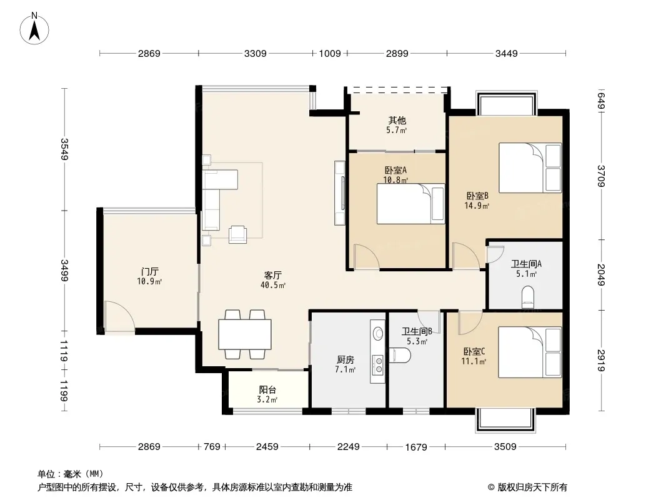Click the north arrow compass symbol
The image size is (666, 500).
[x=34, y=29]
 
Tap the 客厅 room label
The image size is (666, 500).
[x=272, y=275]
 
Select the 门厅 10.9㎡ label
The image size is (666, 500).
[x=149, y=276]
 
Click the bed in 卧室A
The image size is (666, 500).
[x=410, y=204]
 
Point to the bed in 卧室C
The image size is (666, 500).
[x=530, y=352]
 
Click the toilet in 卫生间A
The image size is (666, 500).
[x=527, y=297]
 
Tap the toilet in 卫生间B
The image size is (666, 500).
[x=400, y=356]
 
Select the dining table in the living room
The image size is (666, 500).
[x=245, y=334]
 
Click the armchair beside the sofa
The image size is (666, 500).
[x=238, y=234]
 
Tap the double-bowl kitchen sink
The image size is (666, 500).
[x=377, y=366]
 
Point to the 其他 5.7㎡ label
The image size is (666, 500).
[x=397, y=125]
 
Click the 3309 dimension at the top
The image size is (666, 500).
[x=256, y=54]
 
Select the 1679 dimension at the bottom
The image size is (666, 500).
[x=416, y=447]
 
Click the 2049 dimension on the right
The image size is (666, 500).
[x=600, y=275]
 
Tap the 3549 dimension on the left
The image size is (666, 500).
[x=64, y=149]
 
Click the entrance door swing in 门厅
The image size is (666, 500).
[x=119, y=316]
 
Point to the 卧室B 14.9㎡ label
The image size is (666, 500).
[x=477, y=201]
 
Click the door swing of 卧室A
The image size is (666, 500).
[x=367, y=257]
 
